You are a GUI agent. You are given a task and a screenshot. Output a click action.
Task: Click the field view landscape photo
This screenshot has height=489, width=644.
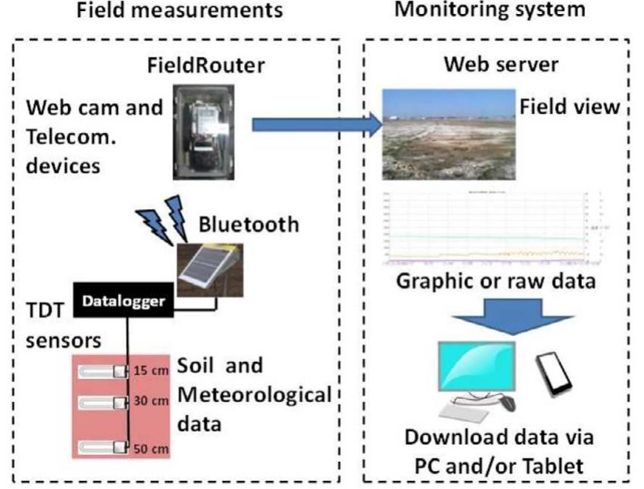[x=448, y=134]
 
